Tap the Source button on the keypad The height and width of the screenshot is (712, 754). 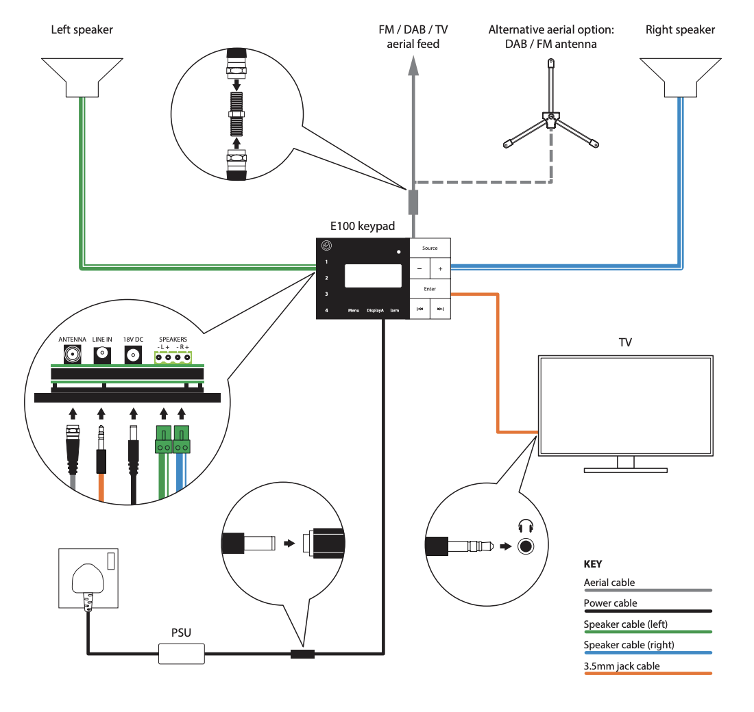click(x=430, y=248)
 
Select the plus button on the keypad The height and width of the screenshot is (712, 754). click(x=440, y=269)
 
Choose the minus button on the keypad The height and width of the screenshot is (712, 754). click(x=419, y=269)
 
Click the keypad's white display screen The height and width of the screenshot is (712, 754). click(x=373, y=275)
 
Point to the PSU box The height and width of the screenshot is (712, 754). click(x=182, y=653)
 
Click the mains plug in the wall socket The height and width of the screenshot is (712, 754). click(x=87, y=582)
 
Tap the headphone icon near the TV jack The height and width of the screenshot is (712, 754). click(x=526, y=527)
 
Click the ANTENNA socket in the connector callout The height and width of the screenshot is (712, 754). click(x=72, y=354)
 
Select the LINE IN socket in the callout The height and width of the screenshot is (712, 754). click(x=102, y=354)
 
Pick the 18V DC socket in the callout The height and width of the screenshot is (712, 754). click(x=133, y=354)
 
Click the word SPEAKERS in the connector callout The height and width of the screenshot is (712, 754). click(x=173, y=339)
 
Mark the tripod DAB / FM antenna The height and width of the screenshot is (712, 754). click(x=550, y=116)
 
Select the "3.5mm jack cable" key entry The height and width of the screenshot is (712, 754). click(x=621, y=665)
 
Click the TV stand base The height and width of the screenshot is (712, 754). click(x=625, y=470)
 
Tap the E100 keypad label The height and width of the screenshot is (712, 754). click(x=363, y=227)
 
